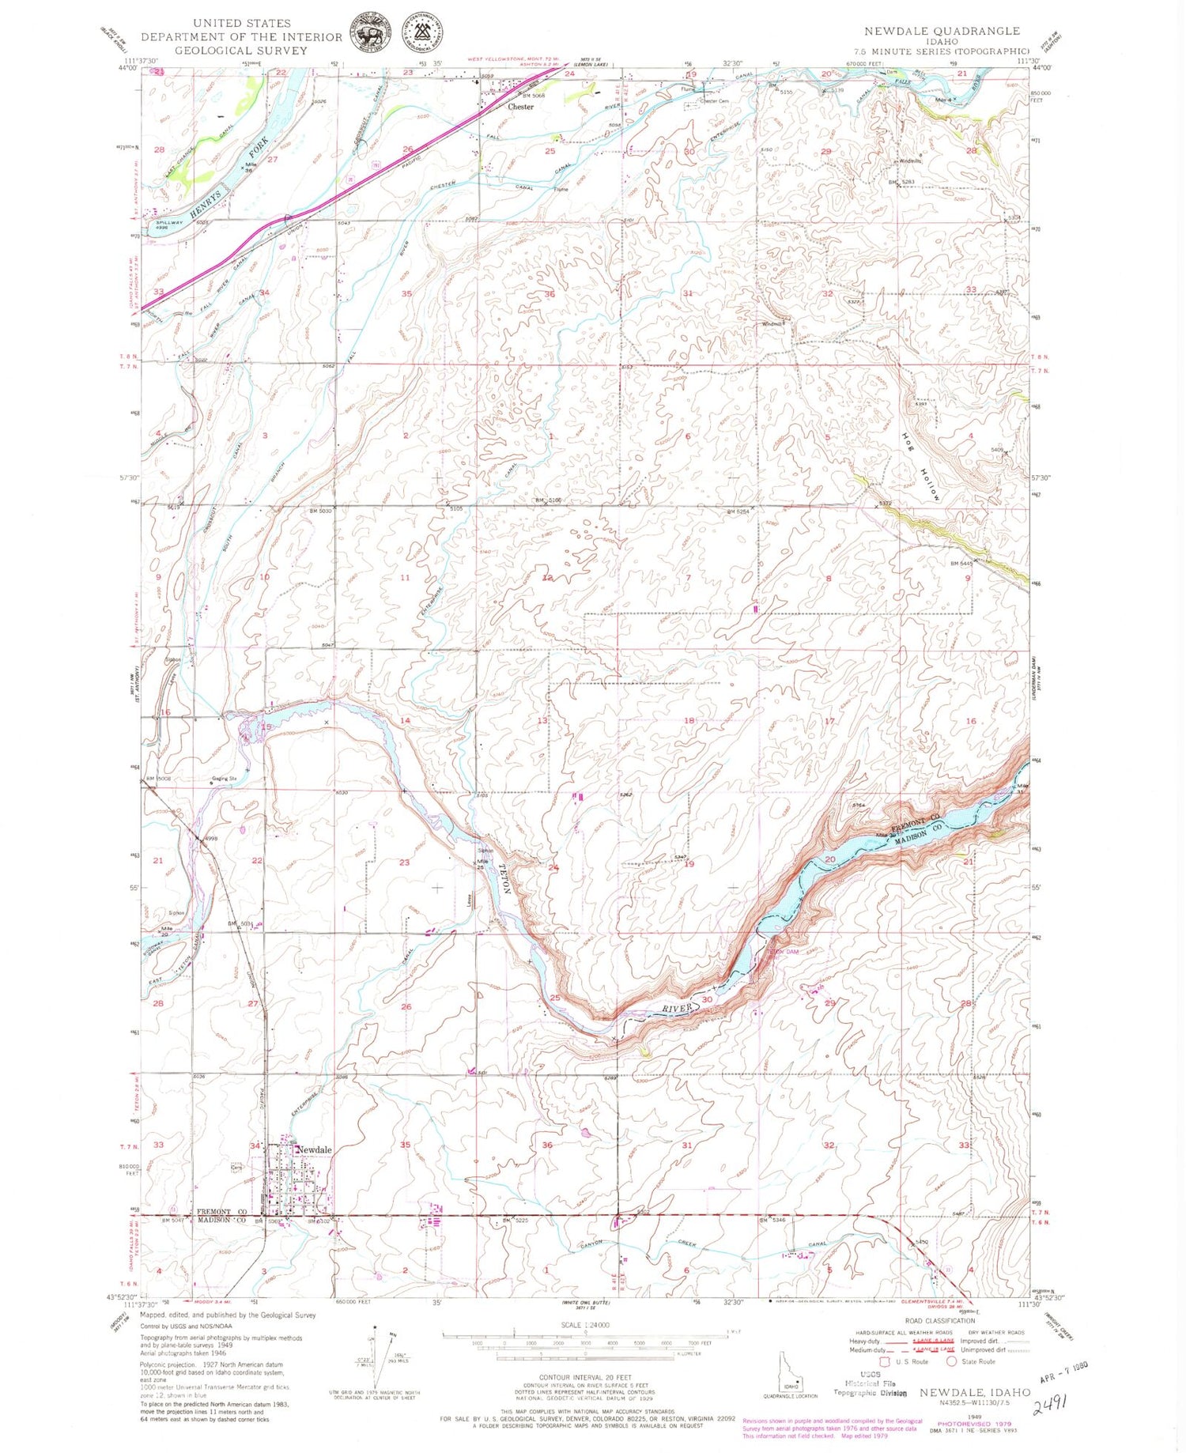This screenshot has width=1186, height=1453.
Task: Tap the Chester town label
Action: click(520, 107)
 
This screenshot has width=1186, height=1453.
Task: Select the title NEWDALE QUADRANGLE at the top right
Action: click(941, 31)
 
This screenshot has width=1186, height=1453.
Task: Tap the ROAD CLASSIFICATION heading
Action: click(939, 1321)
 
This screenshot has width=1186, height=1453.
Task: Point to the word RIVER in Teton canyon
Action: click(676, 1009)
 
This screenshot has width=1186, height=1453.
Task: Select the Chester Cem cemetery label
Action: click(713, 101)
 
